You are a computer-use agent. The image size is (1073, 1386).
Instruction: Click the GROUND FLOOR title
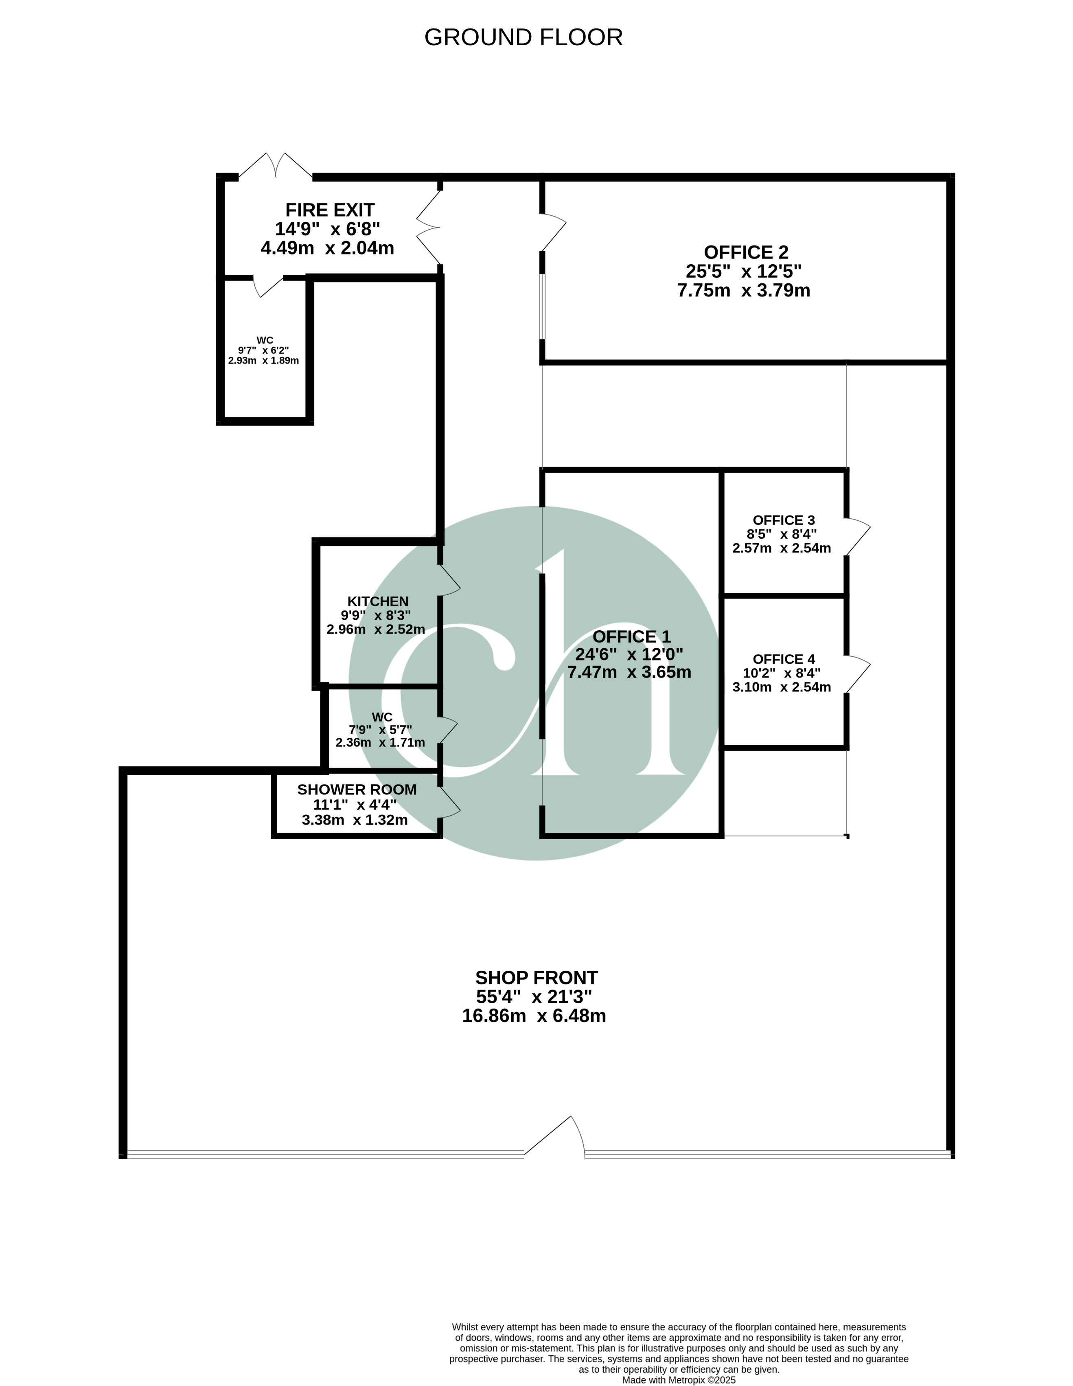click(523, 37)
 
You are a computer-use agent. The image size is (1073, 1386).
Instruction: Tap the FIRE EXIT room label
click(330, 210)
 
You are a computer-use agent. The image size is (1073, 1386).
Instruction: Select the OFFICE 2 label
click(746, 252)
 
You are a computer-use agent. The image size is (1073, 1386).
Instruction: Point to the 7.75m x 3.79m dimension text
click(744, 291)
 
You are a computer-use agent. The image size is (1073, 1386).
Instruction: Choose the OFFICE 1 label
click(631, 636)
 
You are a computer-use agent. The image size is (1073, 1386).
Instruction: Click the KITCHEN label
click(378, 601)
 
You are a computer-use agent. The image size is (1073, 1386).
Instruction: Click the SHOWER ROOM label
click(357, 789)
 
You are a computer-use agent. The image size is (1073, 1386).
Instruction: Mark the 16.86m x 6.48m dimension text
click(534, 1016)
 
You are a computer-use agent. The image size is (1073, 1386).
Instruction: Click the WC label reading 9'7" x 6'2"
click(264, 350)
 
